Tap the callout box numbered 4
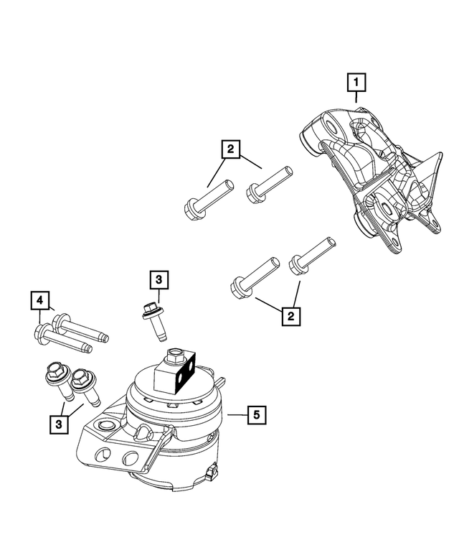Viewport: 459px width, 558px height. tap(39, 299)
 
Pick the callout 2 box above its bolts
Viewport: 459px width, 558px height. tap(229, 149)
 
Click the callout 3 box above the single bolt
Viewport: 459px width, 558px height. tap(158, 280)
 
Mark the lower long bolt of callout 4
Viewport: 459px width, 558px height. tap(62, 338)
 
